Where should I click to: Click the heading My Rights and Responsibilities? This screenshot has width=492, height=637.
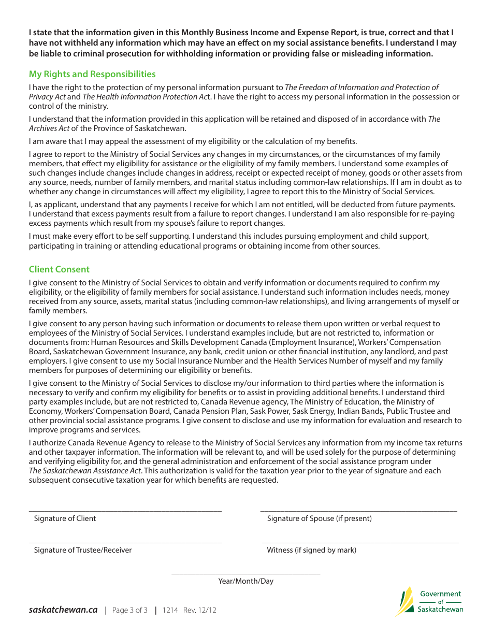(x=92, y=74)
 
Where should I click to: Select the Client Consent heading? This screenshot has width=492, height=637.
(x=59, y=269)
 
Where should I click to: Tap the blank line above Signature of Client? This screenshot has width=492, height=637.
(x=125, y=511)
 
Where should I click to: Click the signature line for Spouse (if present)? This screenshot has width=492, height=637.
(x=358, y=511)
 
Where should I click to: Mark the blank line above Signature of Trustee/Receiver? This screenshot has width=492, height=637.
(x=125, y=542)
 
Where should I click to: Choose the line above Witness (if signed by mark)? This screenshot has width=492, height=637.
(x=360, y=542)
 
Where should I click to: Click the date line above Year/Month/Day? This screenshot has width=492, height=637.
(x=245, y=573)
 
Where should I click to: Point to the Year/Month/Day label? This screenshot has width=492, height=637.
(x=245, y=581)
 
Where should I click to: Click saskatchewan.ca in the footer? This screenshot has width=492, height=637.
(x=63, y=610)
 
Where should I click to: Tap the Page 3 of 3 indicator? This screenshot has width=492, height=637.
(x=129, y=610)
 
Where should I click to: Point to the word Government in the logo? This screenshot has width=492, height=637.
(x=440, y=594)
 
